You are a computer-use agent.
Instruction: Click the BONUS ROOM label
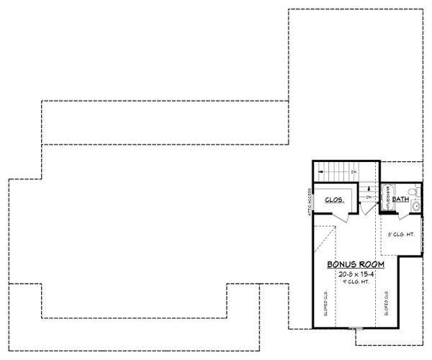click(355, 264)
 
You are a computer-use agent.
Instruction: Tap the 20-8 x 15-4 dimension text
click(355, 274)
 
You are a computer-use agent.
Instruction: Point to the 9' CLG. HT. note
click(355, 281)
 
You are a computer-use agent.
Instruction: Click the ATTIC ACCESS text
click(308, 199)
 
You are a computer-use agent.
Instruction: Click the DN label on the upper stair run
click(354, 173)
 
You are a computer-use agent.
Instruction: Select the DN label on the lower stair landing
click(367, 197)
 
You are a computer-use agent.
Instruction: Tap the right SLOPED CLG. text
click(387, 303)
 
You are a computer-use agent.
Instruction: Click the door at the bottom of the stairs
click(366, 209)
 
